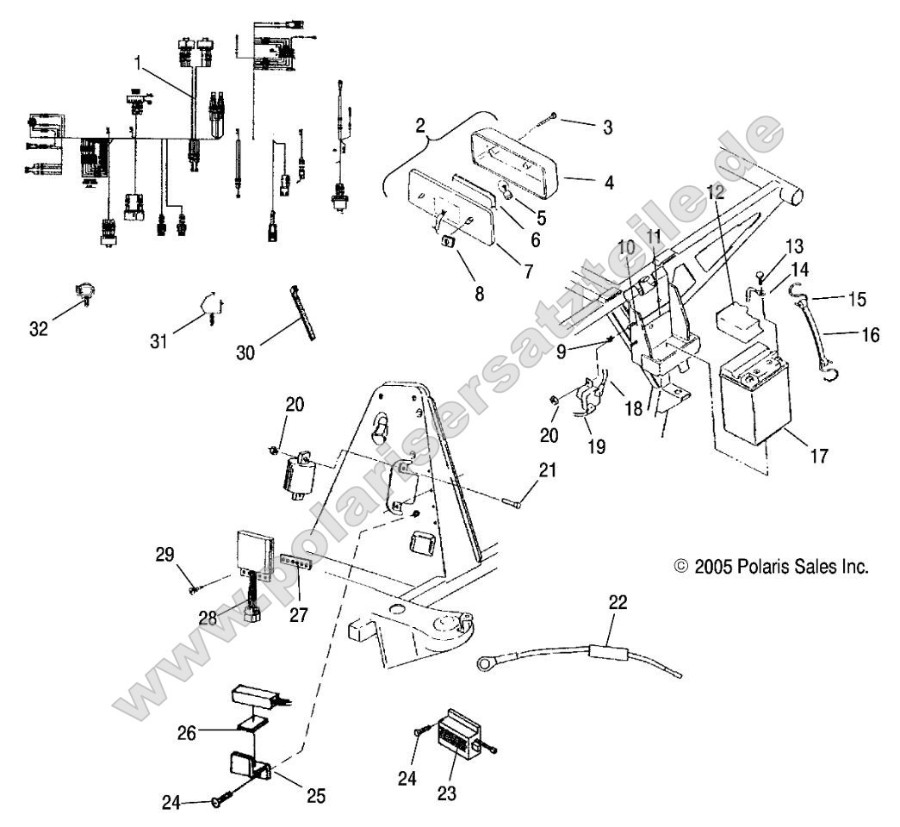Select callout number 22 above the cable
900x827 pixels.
pyautogui.click(x=618, y=602)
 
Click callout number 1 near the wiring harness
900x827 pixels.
pyautogui.click(x=137, y=62)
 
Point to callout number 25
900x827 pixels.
pyautogui.click(x=316, y=795)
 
